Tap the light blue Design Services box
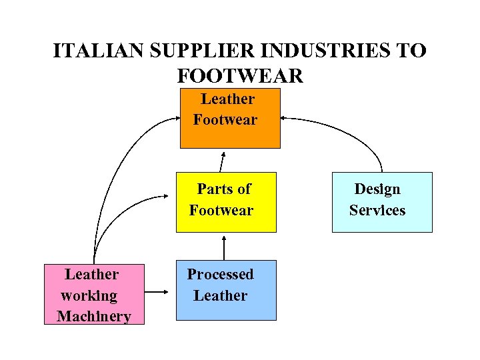(382, 201)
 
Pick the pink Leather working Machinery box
(93, 294)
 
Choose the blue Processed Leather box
(226, 289)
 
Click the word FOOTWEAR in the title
(240, 75)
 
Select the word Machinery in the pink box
(94, 316)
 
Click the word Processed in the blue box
(220, 274)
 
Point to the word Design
(377, 189)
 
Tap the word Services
(377, 210)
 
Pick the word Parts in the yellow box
(212, 189)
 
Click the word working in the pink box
(89, 295)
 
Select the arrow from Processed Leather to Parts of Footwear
(224, 247)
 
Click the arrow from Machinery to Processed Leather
(156, 292)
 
